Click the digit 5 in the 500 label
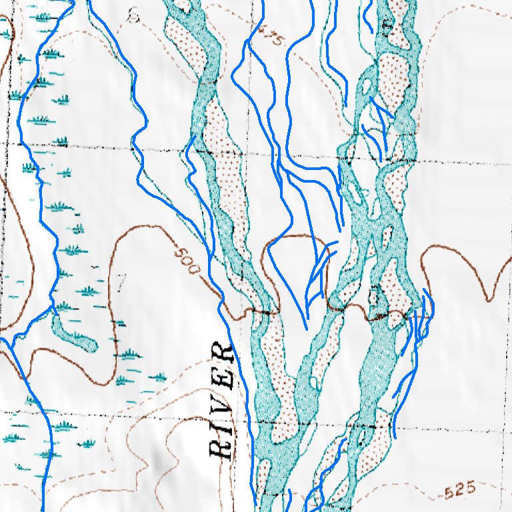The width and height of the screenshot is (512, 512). click(181, 253)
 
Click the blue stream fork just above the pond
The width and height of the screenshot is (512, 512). click(51, 308)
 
